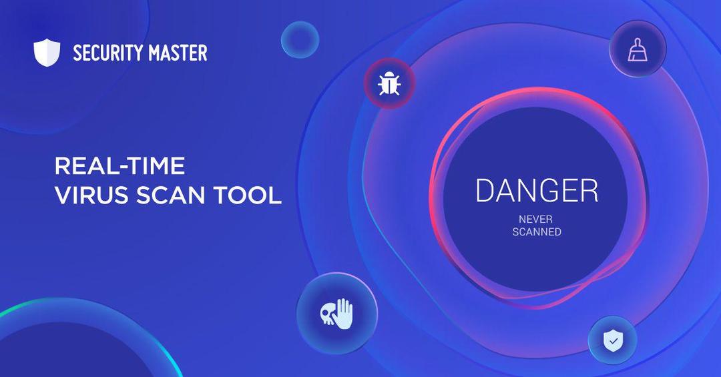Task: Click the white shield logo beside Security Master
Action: [x=47, y=53]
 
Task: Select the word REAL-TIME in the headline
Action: [x=119, y=165]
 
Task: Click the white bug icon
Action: [x=389, y=83]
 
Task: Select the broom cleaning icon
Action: [x=638, y=49]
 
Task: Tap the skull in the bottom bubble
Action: [x=328, y=315]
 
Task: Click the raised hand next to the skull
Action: [x=344, y=314]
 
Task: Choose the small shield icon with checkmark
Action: [x=612, y=341]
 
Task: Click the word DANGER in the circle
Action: [x=537, y=190]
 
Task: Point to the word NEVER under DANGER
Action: [x=535, y=220]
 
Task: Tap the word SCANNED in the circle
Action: [x=537, y=232]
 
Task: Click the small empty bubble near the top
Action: [x=300, y=39]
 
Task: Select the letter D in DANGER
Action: [x=485, y=190]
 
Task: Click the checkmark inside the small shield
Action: [x=612, y=341]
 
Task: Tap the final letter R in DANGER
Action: [x=589, y=190]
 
